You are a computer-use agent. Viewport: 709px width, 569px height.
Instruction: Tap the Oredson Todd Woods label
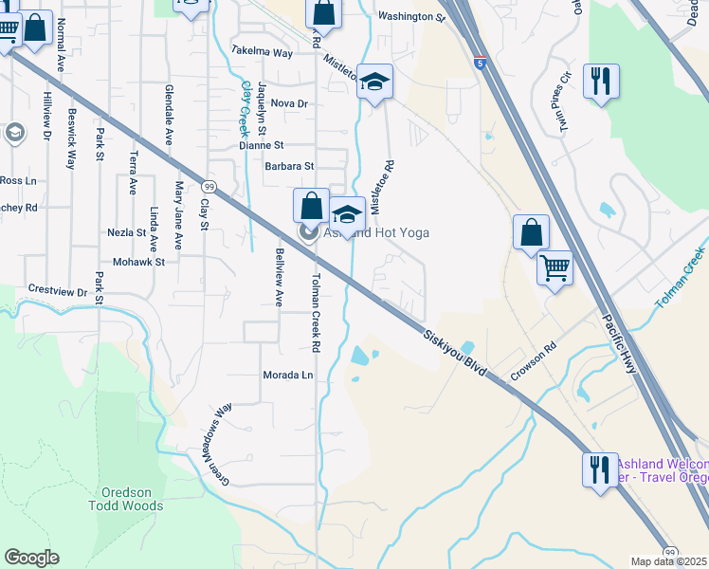[133, 499]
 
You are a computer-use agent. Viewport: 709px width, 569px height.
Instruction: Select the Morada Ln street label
[287, 376]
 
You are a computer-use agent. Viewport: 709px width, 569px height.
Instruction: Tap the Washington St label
[410, 17]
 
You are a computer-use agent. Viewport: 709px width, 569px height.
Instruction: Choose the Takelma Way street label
[263, 53]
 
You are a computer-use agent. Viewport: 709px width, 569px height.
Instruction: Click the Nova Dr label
[289, 103]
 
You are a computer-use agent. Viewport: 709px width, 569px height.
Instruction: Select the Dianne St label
[262, 146]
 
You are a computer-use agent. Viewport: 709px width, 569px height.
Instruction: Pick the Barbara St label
[289, 167]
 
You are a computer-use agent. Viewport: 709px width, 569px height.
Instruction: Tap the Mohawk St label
[138, 262]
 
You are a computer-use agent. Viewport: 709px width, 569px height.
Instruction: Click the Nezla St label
[126, 232]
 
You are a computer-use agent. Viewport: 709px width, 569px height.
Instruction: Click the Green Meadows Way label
[216, 433]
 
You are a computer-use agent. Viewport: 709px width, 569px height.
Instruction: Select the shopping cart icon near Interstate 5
[554, 266]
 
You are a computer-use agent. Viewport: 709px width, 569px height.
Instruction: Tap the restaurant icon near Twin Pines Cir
[602, 81]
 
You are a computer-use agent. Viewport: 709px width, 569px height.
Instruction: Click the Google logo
[31, 558]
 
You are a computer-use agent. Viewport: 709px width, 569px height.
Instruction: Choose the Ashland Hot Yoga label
[377, 232]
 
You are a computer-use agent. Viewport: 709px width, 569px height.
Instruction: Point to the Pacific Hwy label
[621, 341]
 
